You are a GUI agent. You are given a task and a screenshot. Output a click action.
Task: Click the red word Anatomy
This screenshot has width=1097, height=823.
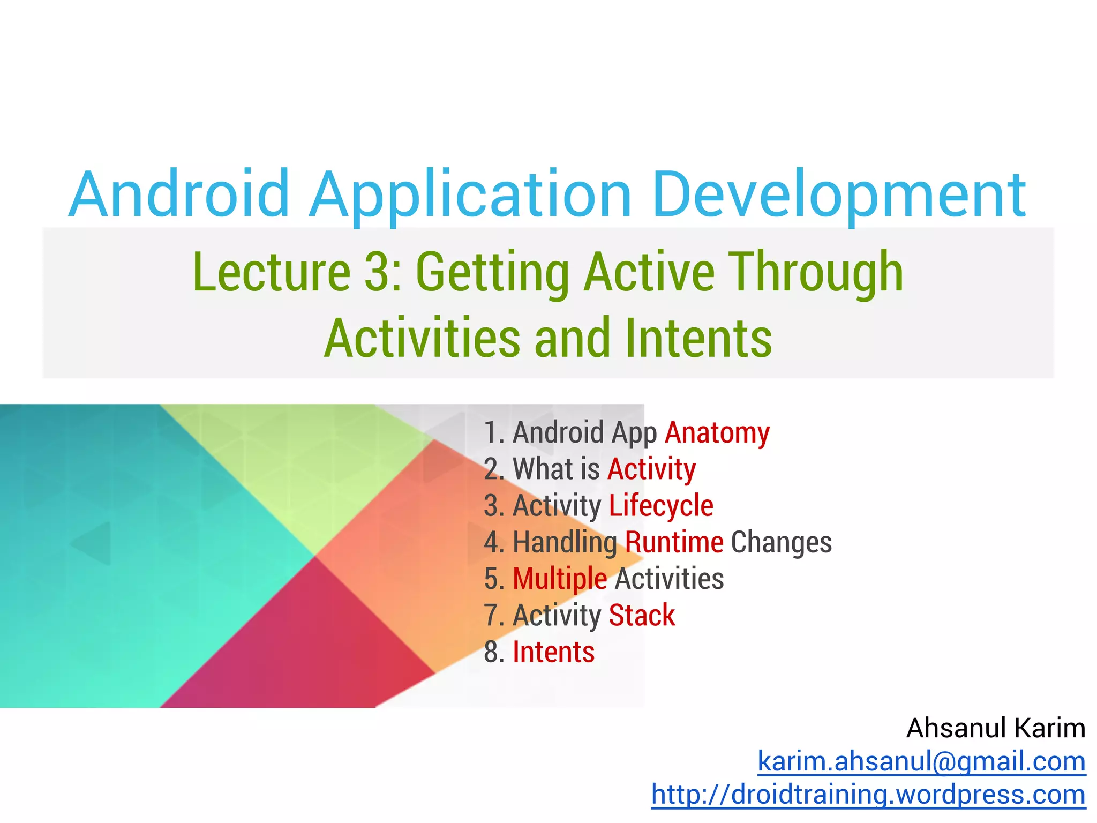coord(717,432)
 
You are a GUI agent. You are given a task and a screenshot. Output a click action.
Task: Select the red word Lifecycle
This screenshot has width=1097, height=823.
coord(661,506)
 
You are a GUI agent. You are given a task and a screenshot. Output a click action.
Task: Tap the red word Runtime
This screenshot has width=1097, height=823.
coord(674,542)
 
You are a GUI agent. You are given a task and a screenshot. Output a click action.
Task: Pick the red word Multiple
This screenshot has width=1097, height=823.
coord(560,579)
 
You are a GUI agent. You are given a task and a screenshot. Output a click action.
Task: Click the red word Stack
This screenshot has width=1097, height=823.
coord(642,615)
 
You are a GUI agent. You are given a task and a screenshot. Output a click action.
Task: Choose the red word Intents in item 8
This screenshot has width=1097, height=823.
coord(553,652)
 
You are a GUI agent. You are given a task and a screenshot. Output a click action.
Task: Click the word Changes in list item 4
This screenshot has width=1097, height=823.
coord(781,542)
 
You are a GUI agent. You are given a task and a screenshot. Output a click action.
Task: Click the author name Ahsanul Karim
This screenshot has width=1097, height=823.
coord(995,728)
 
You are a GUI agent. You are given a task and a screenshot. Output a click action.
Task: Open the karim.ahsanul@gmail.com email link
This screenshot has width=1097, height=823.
coord(921,761)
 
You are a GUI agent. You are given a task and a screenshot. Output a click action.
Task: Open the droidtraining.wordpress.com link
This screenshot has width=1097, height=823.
coord(868,794)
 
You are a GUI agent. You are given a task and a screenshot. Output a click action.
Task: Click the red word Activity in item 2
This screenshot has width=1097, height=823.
coord(651,469)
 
